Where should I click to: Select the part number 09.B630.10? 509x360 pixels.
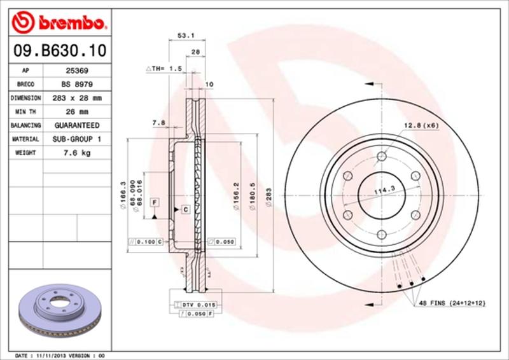coord(58,50)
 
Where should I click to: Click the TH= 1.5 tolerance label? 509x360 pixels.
coord(164,68)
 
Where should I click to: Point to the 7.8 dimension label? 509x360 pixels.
coord(158,121)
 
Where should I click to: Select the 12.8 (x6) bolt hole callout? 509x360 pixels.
coord(421,125)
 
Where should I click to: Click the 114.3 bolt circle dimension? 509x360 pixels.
coord(384,189)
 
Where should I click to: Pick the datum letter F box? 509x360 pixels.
coord(154,202)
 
